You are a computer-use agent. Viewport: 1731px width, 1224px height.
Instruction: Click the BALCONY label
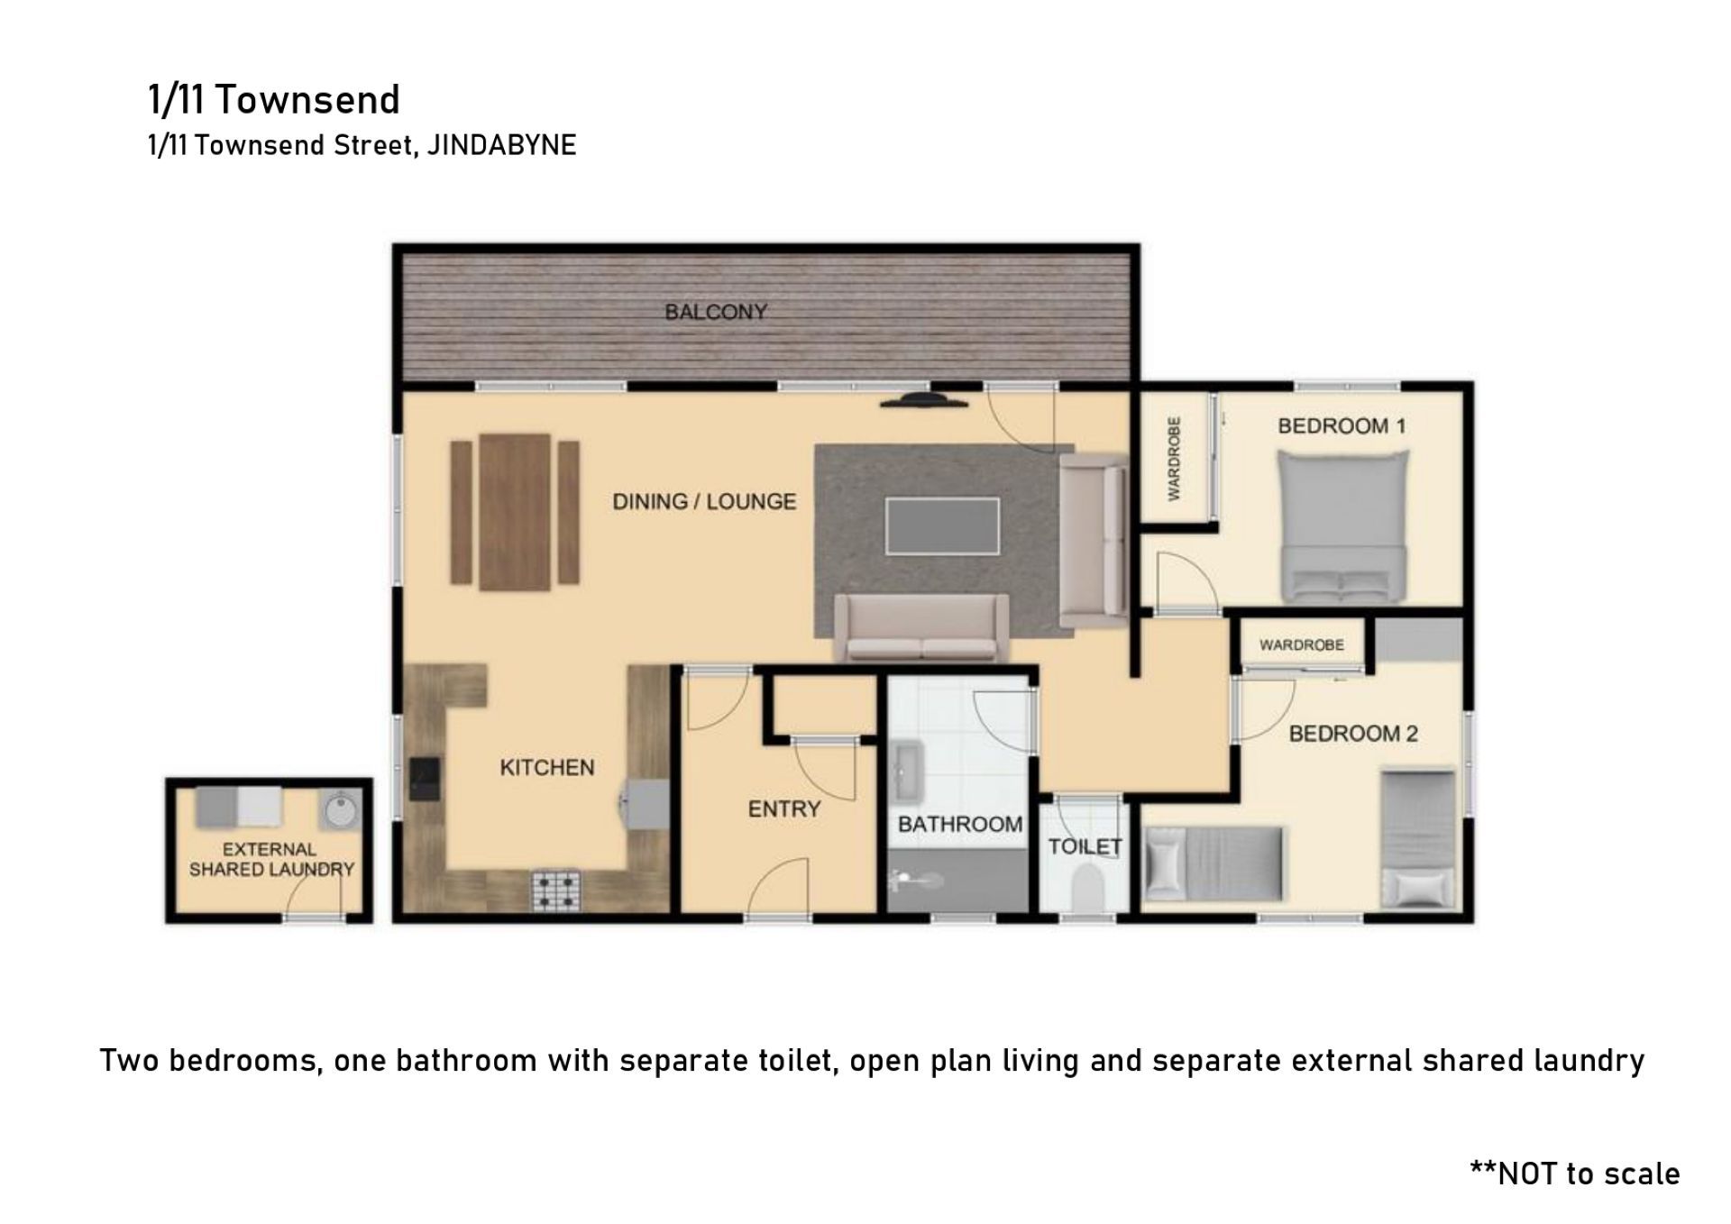(716, 312)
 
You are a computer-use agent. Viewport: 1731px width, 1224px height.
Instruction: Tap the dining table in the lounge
(515, 512)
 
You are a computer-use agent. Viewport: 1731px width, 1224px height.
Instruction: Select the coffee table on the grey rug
(942, 526)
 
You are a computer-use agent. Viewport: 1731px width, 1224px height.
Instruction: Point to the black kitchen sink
(425, 778)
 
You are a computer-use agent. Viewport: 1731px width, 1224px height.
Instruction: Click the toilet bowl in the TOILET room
(1087, 887)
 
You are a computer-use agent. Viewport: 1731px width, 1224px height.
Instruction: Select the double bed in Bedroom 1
(1343, 526)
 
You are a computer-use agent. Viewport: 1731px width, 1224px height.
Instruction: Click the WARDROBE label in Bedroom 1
(1174, 458)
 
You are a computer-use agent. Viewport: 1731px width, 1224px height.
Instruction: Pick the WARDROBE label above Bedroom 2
(1301, 645)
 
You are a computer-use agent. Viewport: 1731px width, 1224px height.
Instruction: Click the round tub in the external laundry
(340, 810)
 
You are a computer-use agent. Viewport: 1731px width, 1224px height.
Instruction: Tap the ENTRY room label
(784, 809)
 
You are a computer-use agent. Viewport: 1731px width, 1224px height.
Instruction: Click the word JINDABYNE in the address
(501, 145)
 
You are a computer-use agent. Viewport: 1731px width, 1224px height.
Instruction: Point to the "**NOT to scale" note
(1575, 1173)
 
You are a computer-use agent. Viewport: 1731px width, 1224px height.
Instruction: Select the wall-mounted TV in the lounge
(925, 400)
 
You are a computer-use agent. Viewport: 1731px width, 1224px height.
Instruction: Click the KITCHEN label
(547, 768)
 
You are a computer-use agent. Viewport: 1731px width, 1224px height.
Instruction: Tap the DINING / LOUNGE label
(704, 502)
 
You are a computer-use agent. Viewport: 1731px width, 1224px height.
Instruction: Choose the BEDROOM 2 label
(1353, 734)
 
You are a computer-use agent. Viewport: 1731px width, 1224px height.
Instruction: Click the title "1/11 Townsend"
(274, 99)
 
